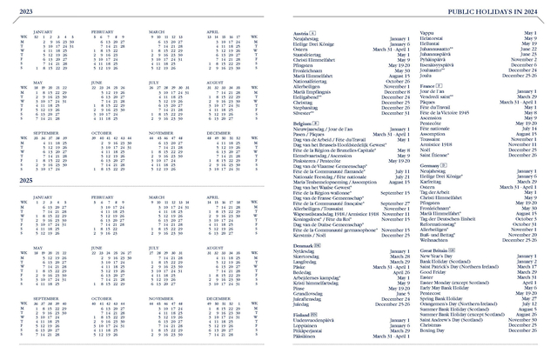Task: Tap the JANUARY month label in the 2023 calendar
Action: (44, 31)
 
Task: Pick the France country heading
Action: (428, 86)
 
